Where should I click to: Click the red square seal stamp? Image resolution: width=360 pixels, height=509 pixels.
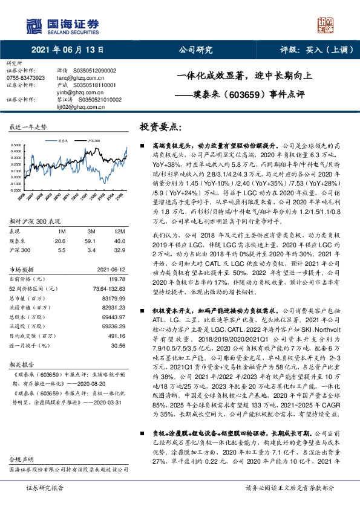[326, 25]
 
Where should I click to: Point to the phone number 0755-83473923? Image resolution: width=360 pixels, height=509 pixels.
[25, 78]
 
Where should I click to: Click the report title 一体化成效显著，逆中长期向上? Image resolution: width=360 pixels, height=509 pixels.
[244, 77]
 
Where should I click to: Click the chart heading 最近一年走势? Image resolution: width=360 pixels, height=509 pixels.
[28, 127]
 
